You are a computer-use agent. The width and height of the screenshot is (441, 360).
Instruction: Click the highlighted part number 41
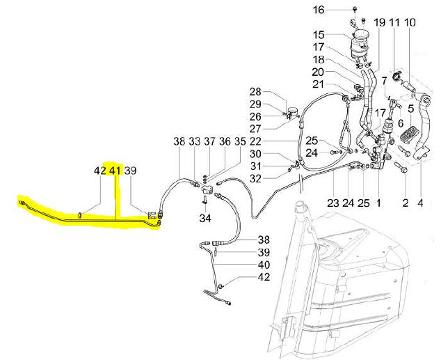coord(115,171)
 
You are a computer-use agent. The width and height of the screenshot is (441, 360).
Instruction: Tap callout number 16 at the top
coord(319,10)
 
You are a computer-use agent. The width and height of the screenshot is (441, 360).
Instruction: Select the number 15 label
coord(319,35)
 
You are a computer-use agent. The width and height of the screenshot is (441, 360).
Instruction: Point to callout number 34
coord(205,218)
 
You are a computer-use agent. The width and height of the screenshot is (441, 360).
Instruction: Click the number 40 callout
coord(264,265)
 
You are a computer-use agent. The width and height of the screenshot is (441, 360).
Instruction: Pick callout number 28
coord(255,92)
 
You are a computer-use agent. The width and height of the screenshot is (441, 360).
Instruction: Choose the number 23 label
coord(333,203)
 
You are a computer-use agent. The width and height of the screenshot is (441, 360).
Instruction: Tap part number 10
coord(410,22)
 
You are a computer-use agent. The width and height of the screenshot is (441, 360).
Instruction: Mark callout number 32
coord(255,179)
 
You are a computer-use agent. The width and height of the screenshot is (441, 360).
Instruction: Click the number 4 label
coord(420,203)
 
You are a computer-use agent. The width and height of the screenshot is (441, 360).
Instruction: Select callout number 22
coord(255,141)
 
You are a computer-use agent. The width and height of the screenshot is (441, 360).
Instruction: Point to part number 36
coord(225,141)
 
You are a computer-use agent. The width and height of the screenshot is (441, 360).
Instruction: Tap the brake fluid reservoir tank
coord(359,45)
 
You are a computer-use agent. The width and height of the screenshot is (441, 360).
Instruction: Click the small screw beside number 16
coord(355,10)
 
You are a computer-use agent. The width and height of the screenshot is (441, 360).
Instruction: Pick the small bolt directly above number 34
coord(205,200)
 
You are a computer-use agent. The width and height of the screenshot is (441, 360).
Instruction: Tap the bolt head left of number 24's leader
coord(334,152)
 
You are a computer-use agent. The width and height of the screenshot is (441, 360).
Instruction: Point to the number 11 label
coord(394,22)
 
